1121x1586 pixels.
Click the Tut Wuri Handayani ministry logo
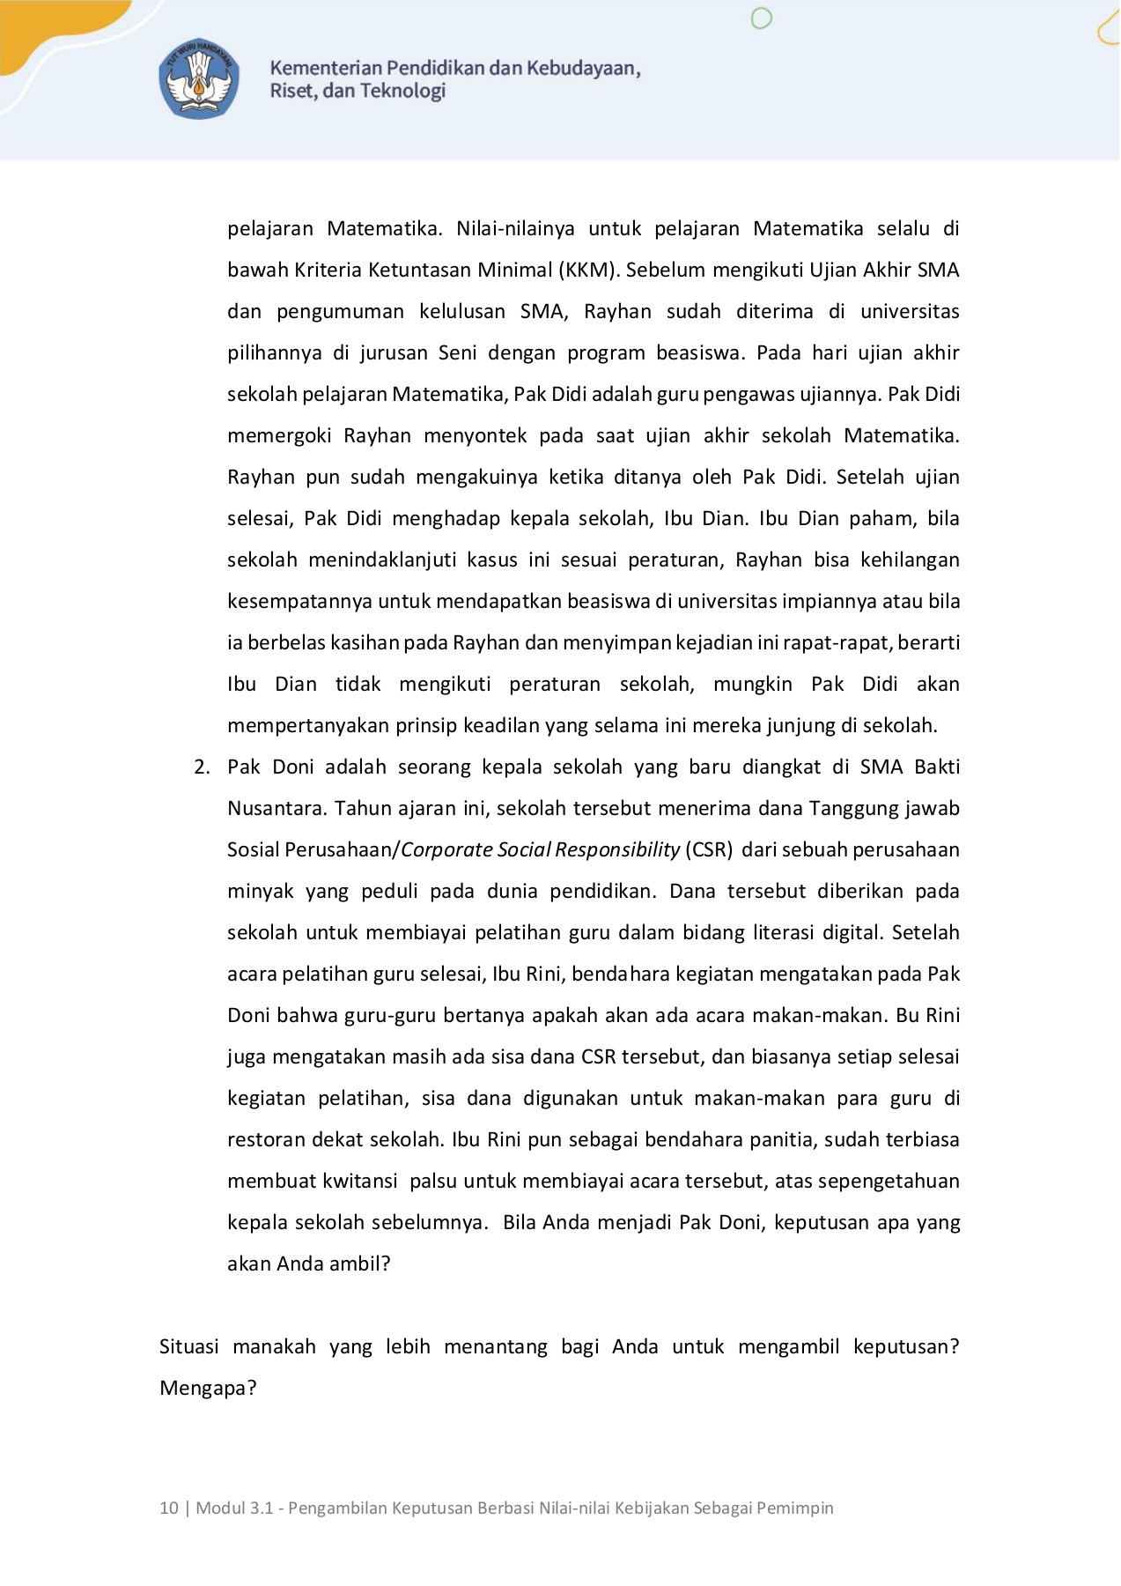(x=199, y=79)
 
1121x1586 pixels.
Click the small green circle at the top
(x=762, y=18)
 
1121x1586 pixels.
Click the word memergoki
(x=279, y=435)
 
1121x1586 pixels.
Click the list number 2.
(x=202, y=767)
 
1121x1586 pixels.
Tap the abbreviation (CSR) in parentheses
(x=709, y=849)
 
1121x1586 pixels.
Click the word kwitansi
(x=361, y=1181)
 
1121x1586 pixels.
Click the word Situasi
(x=188, y=1346)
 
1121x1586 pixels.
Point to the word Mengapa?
(x=208, y=1388)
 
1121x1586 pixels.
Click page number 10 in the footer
(x=168, y=1508)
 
